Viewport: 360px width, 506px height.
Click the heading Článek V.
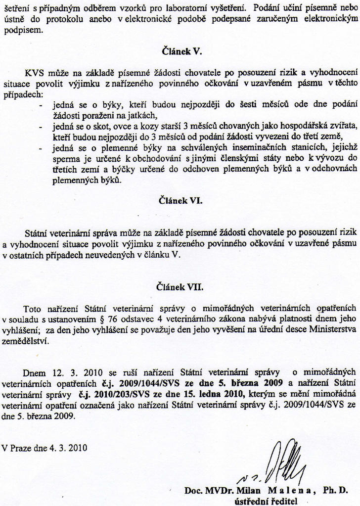pyautogui.click(x=180, y=51)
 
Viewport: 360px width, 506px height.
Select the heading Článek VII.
pyautogui.click(x=180, y=286)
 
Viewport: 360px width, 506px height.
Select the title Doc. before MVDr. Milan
pyautogui.click(x=193, y=490)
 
